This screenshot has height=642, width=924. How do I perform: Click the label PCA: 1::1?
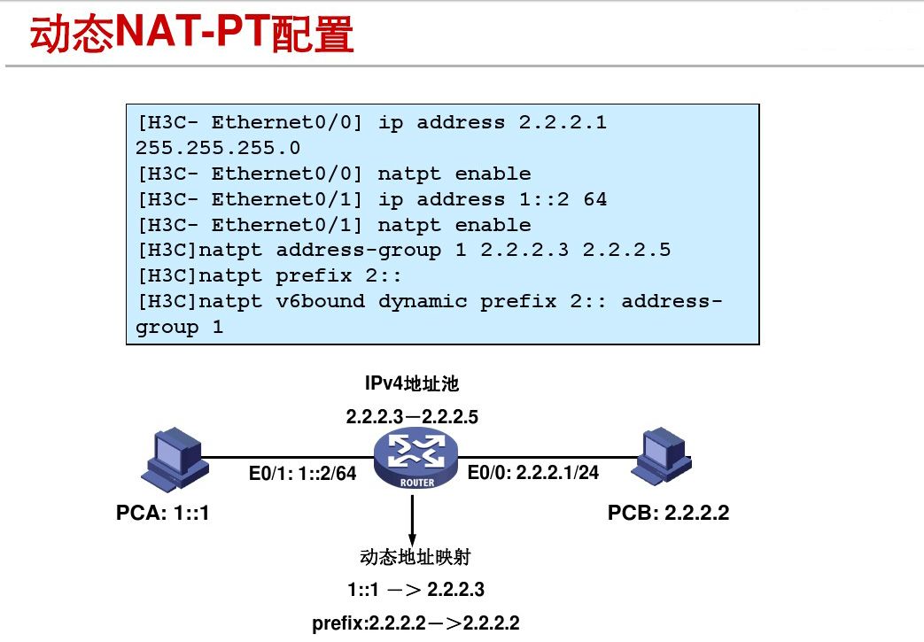pos(163,513)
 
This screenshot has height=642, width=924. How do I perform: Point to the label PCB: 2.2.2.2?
pos(668,513)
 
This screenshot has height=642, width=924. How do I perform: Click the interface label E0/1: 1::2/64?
pos(302,474)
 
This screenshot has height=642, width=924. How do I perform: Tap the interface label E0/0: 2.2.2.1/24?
pos(533,473)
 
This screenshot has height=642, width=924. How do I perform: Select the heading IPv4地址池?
pos(412,383)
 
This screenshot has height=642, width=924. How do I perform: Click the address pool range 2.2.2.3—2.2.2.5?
pos(412,416)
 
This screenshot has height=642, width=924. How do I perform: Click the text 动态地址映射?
pos(415,557)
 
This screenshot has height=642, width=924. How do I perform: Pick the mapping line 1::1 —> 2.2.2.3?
pos(415,590)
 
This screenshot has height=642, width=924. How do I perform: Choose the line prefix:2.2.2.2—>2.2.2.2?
pos(415,623)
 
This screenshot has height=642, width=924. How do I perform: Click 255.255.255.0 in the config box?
pos(218,148)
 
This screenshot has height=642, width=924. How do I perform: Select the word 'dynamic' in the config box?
pos(423,301)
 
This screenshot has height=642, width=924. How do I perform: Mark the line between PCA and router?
pos(283,458)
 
